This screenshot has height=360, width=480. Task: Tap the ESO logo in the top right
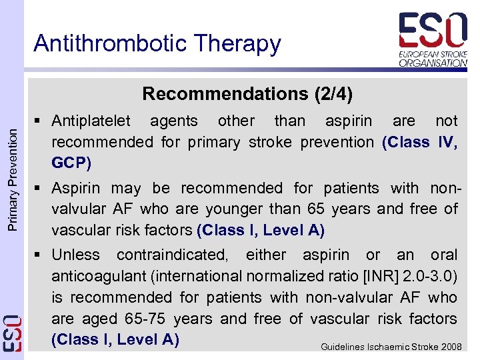(433, 39)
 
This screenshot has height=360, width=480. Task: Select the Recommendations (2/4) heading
(247, 93)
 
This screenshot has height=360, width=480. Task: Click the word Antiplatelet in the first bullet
(92, 121)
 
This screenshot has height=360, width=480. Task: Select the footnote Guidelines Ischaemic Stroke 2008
(391, 347)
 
